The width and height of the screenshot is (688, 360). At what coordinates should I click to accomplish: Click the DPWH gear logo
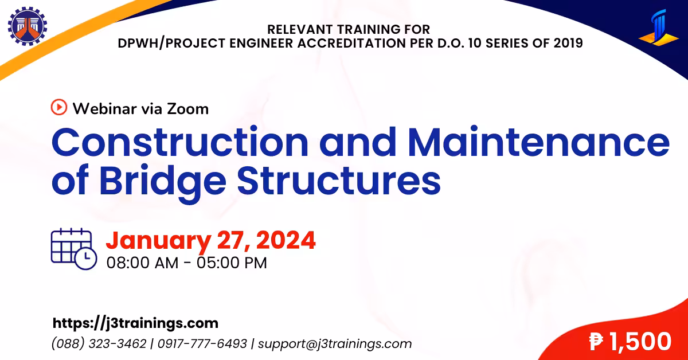(28, 26)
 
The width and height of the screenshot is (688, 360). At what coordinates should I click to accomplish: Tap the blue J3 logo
(659, 28)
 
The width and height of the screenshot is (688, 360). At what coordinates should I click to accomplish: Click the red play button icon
(59, 107)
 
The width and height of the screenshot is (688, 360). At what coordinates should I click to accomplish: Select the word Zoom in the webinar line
(188, 109)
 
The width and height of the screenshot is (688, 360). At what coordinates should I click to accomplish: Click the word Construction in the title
(180, 143)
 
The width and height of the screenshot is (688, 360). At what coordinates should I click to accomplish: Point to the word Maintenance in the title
(539, 143)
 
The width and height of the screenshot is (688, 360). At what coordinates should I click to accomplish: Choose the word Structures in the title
(339, 181)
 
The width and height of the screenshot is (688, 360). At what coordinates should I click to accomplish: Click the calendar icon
(74, 249)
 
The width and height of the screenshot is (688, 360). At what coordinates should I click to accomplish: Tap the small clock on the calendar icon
(86, 259)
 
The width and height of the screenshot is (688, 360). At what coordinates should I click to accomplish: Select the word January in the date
(158, 241)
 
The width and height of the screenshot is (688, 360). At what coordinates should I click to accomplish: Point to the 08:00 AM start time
(143, 263)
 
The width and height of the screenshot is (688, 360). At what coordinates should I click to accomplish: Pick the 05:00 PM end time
(232, 263)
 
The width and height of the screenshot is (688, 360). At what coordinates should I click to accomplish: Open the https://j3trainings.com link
(135, 323)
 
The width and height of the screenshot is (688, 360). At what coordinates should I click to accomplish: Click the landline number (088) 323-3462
(99, 344)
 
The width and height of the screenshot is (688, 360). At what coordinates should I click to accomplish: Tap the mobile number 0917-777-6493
(202, 344)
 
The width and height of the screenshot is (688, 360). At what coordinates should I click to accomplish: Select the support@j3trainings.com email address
(335, 344)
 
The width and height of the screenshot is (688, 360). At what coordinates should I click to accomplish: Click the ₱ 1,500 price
(630, 342)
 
